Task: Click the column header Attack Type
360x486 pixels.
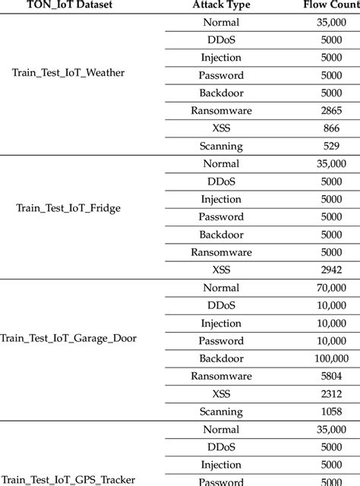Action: pos(220,5)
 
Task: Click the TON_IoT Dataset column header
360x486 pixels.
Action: pos(68,5)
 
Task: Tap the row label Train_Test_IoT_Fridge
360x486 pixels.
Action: pos(68,208)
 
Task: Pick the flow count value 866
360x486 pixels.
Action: pos(331,128)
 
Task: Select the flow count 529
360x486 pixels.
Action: pos(331,146)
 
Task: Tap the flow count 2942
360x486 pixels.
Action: pos(331,270)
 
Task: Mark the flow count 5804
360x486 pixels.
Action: pos(331,376)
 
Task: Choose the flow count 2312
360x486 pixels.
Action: pos(331,394)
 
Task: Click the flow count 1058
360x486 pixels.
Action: pos(331,412)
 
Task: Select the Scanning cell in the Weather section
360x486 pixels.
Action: pos(220,146)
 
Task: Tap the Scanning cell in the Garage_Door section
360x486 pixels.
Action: pos(220,412)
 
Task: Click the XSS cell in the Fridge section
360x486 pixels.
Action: pos(220,270)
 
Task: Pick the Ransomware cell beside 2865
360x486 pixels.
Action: pos(220,111)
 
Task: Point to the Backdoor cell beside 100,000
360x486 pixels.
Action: pos(220,358)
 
